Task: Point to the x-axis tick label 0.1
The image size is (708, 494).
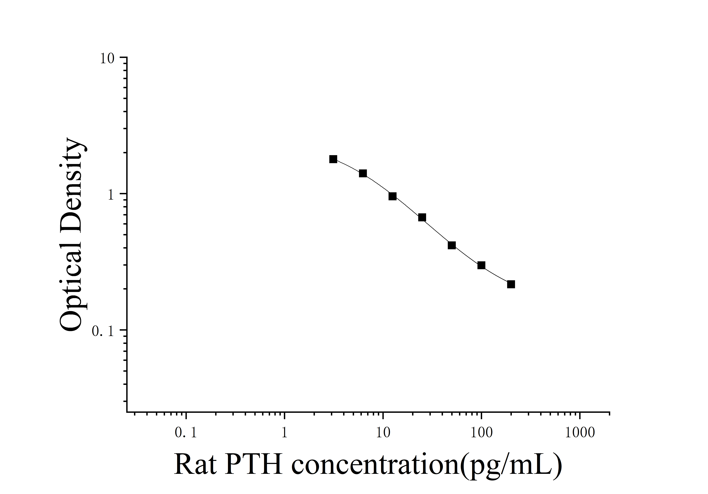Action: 186,433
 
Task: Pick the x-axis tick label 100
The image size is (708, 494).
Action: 481,433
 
